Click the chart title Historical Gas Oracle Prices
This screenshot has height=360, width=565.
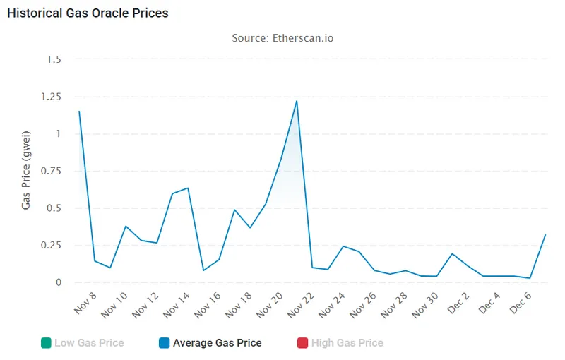point(88,13)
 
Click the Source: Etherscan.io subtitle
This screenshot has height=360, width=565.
point(282,37)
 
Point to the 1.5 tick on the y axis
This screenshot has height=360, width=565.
point(53,59)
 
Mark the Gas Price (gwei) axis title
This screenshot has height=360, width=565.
point(26,170)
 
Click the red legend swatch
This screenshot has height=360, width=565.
point(303,343)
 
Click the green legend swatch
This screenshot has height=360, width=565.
point(46,343)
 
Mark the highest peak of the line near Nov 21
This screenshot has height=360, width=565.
point(297,101)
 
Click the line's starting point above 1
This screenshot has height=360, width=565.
point(79,112)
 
